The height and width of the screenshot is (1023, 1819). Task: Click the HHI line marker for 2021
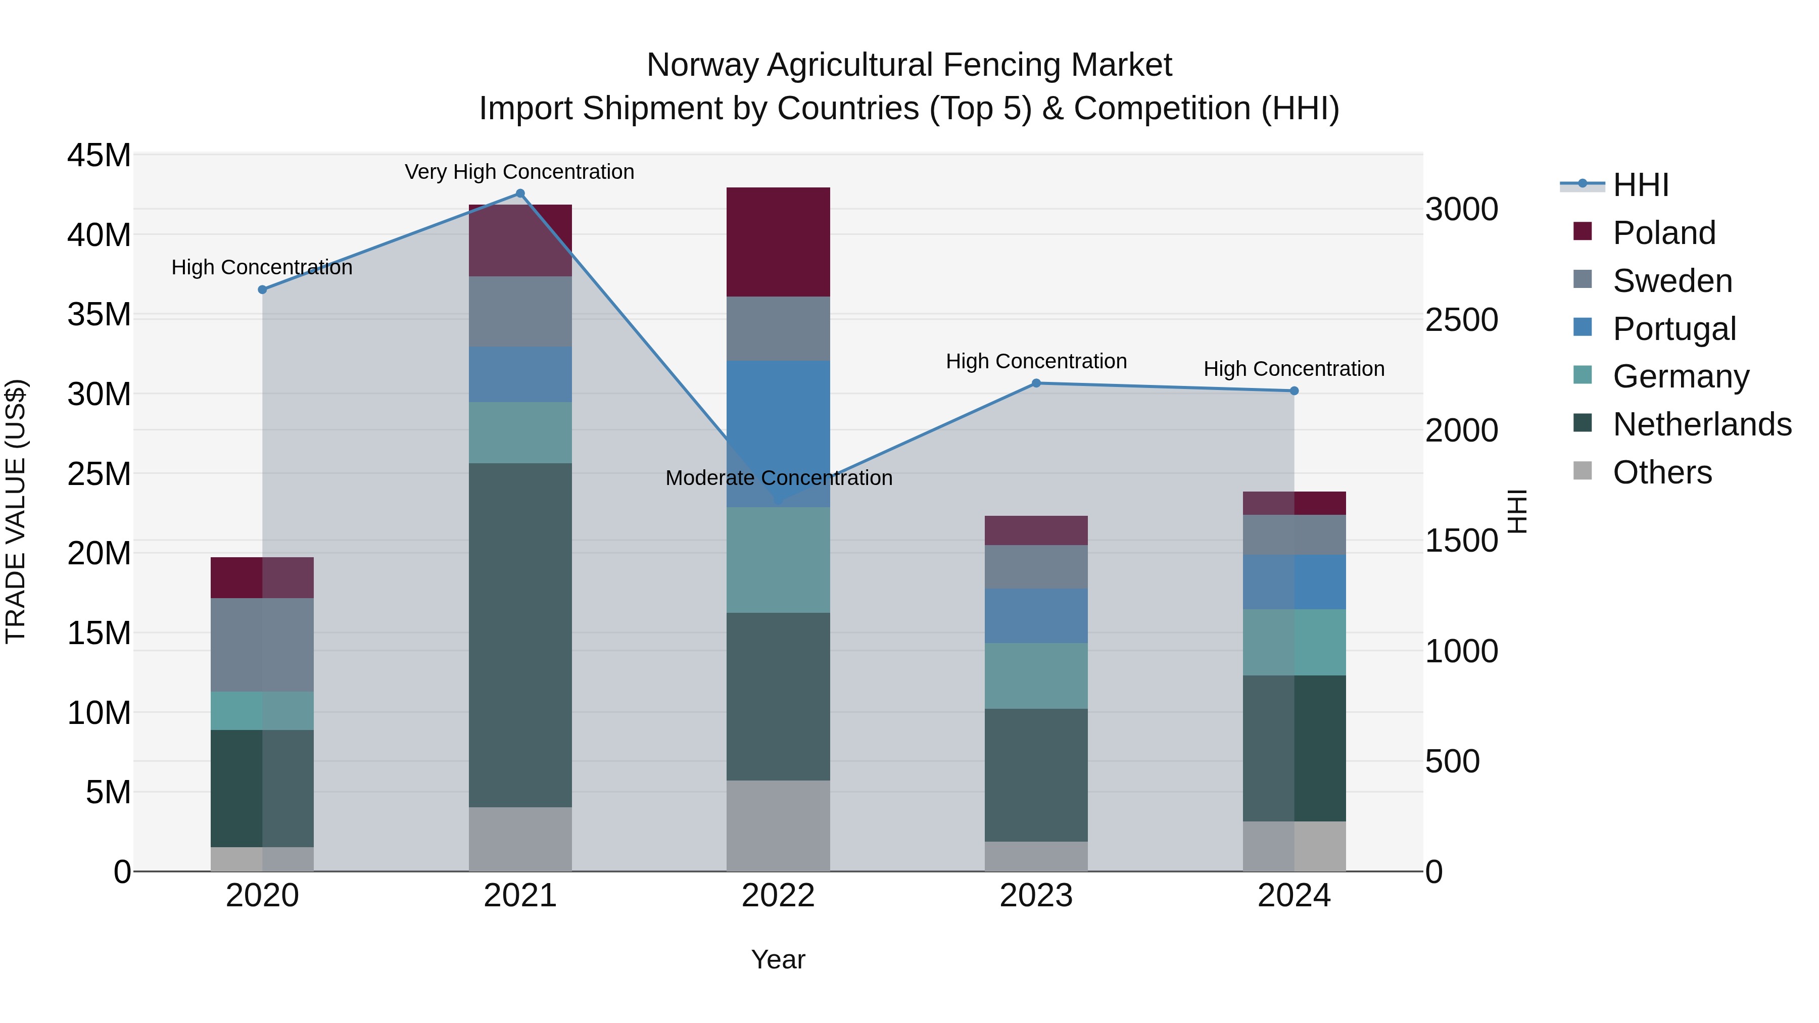coord(520,193)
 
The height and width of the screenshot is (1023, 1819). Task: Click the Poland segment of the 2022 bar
coord(778,242)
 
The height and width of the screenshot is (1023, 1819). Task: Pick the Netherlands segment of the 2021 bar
coord(520,636)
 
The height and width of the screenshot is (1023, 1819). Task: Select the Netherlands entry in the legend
coord(1702,424)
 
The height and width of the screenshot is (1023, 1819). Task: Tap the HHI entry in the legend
coord(1640,185)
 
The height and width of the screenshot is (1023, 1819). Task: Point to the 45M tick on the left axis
coord(99,155)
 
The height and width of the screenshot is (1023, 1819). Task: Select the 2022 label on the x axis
coord(778,896)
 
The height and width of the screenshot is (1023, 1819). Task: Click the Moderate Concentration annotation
coord(779,478)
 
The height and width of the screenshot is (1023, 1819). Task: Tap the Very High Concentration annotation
coord(520,172)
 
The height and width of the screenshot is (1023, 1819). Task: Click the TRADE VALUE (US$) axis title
coord(16,511)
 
